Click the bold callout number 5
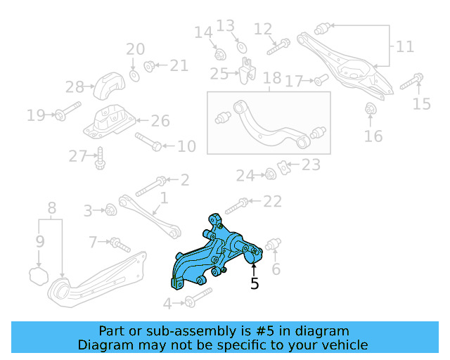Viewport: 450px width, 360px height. [255, 283]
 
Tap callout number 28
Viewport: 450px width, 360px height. [75, 87]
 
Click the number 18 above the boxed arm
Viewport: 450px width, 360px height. [271, 79]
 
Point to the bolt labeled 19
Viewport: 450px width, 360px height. [63, 114]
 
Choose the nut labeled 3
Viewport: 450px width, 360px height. [110, 210]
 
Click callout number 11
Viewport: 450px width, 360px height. [404, 47]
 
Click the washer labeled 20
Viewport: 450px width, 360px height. [134, 74]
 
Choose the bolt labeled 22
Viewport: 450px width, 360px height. [237, 203]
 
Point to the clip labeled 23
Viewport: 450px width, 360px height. [285, 167]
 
